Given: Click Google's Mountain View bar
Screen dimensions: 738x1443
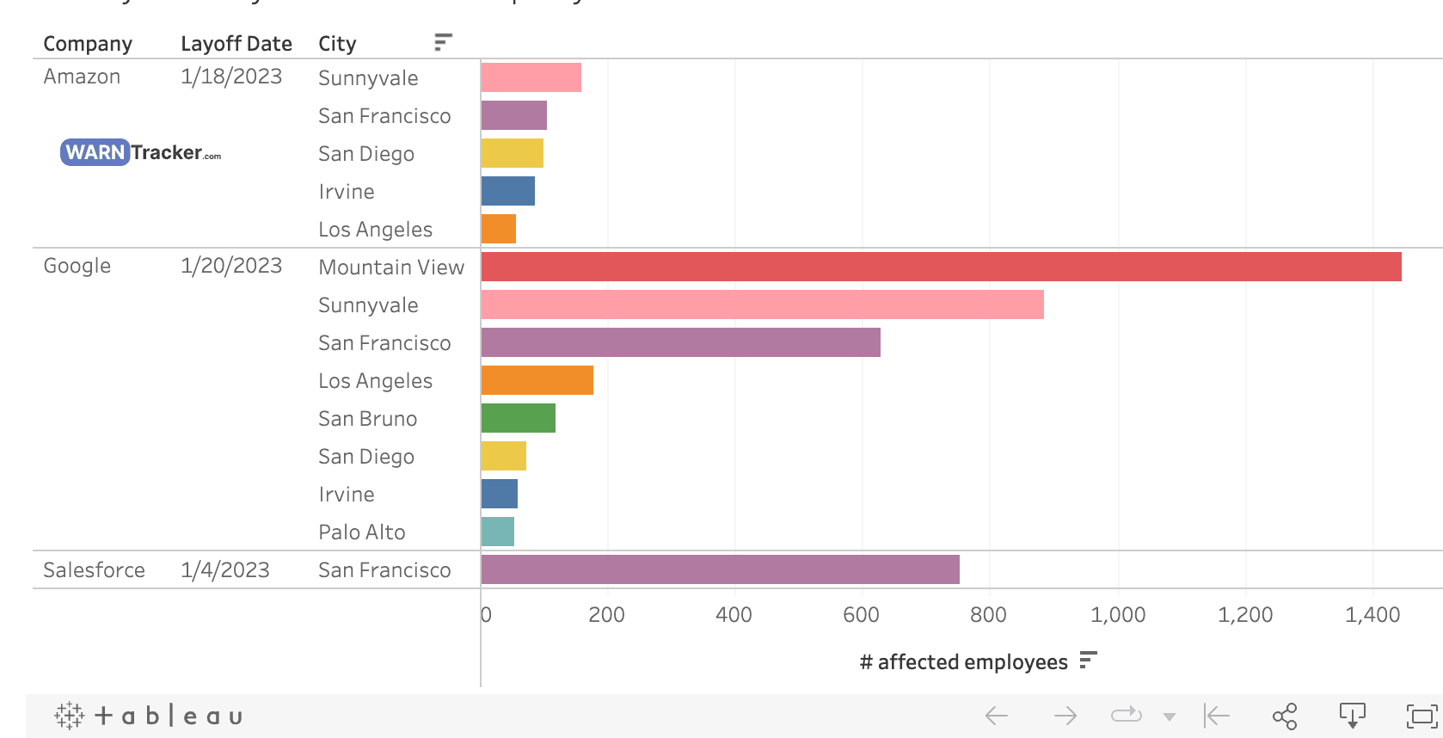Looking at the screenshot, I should tap(941, 267).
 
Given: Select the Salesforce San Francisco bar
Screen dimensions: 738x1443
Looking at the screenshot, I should tap(720, 569).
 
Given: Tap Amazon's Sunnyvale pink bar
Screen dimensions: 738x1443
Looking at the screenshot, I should tap(531, 77).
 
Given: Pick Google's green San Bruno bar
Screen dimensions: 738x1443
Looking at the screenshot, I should tap(518, 418).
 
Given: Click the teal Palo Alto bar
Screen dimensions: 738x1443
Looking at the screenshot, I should tap(497, 532).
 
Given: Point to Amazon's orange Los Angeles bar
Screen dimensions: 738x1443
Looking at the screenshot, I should tap(498, 229).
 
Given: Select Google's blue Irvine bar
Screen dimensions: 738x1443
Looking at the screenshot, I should tap(499, 494).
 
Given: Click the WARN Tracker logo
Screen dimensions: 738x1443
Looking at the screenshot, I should tap(140, 152).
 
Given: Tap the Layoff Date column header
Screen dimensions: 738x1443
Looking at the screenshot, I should tap(236, 43).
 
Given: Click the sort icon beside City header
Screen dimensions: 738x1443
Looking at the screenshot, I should tap(443, 42).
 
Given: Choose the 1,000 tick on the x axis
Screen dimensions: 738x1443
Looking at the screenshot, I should tap(1117, 615).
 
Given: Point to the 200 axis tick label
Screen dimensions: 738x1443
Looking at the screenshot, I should tap(606, 615).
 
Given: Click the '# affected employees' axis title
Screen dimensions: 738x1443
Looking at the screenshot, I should tap(963, 661).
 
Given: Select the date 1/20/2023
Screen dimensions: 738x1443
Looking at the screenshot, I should tap(230, 266).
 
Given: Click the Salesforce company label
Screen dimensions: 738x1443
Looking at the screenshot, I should tap(94, 569).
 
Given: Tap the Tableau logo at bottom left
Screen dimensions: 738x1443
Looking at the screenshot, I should tap(148, 716).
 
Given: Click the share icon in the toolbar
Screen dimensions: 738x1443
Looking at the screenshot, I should tap(1284, 716).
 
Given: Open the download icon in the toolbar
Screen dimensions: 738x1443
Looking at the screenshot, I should tap(1352, 716).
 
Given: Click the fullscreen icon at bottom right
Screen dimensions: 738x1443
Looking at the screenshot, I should tap(1421, 716).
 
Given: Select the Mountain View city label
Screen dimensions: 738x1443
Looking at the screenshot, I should tap(390, 268).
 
